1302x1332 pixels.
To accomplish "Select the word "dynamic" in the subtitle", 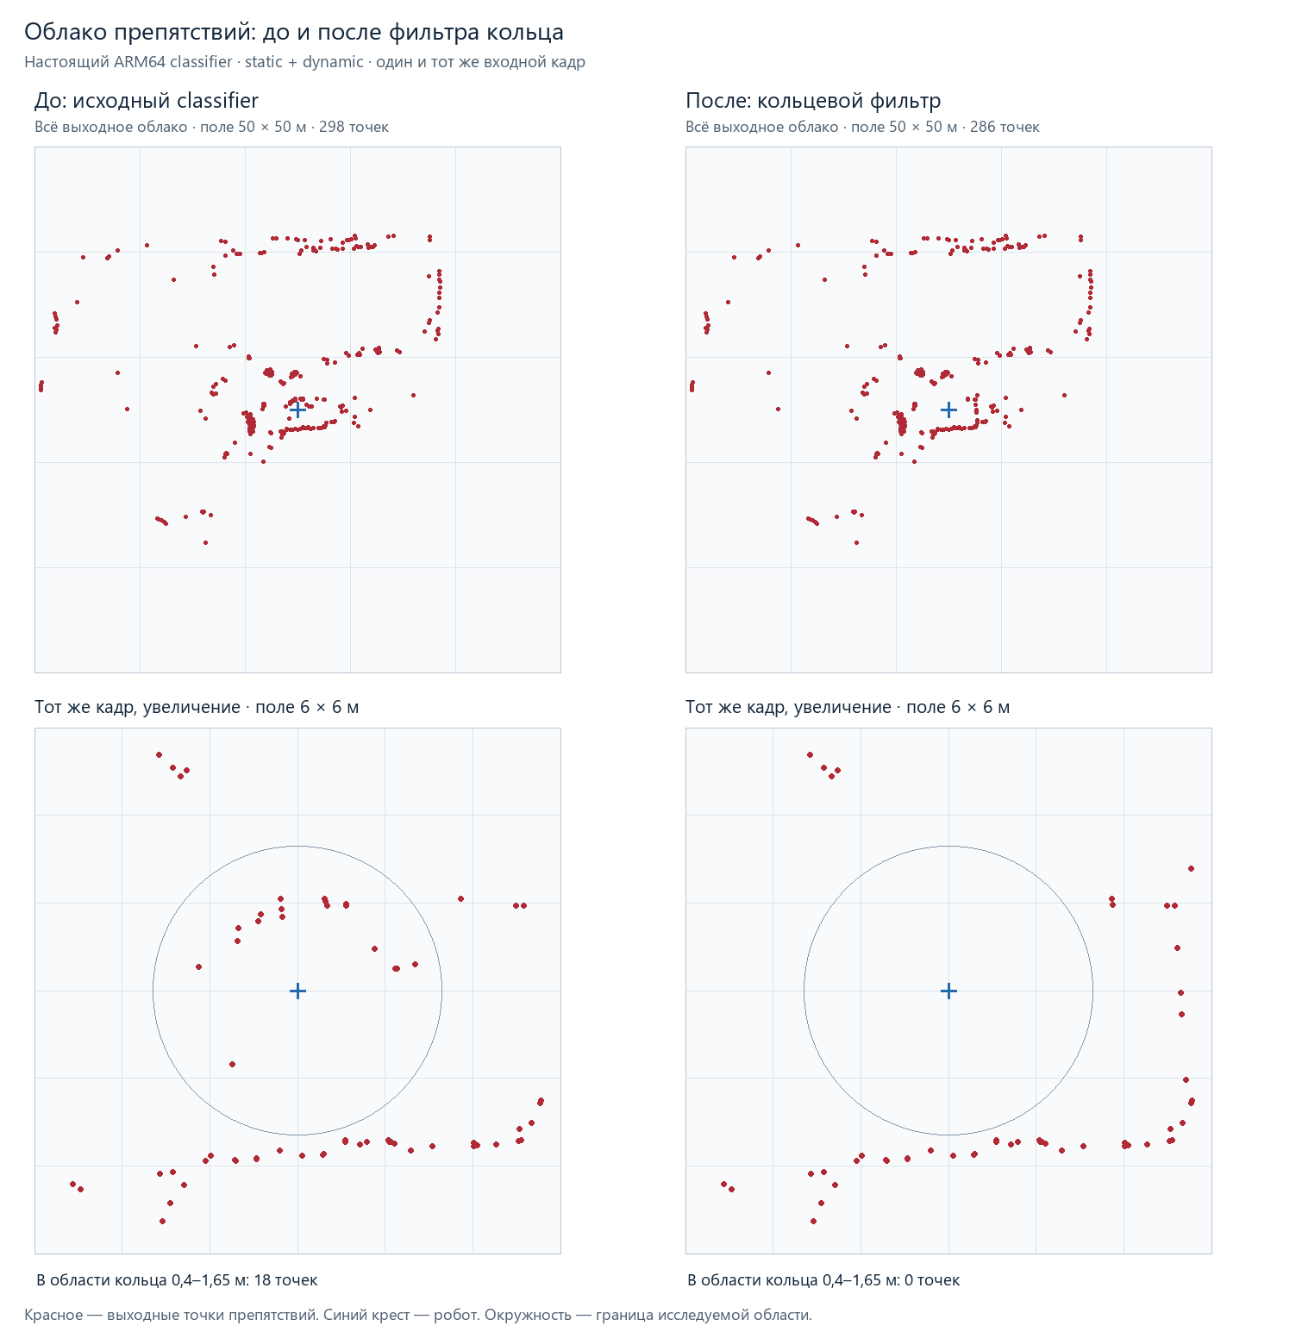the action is (333, 62).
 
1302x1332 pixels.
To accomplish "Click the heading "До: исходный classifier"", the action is (147, 101).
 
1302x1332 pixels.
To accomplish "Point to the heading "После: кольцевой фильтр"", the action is (813, 101).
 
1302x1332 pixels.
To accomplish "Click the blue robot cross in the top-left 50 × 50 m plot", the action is (297, 409).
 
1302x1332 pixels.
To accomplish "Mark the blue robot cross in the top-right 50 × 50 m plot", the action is (948, 409).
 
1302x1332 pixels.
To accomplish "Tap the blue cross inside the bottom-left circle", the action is (297, 991).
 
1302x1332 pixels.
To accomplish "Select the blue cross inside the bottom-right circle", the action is (948, 991).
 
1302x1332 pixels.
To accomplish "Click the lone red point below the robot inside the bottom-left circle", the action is (232, 1064).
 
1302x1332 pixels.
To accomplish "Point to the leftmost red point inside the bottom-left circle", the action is (198, 966).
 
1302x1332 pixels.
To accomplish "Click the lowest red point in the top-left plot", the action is (205, 542).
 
